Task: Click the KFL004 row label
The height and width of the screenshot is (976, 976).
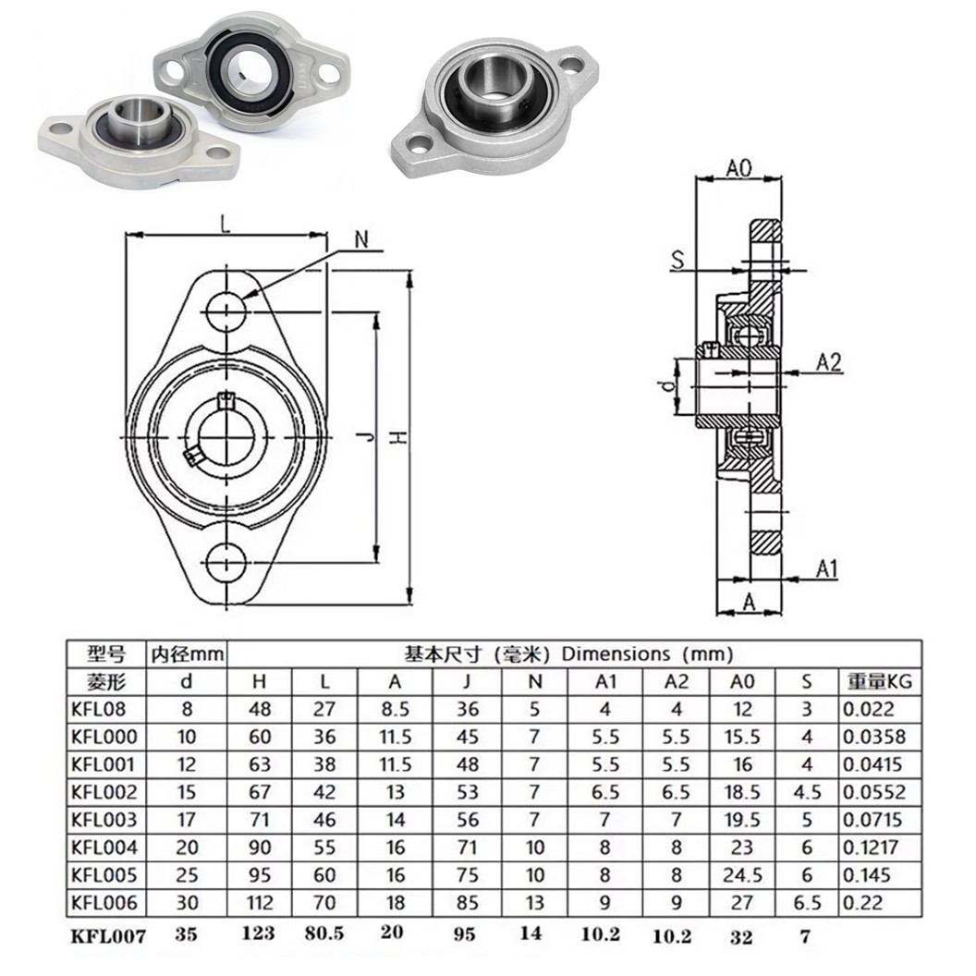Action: [104, 847]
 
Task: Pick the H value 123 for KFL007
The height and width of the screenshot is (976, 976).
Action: [258, 933]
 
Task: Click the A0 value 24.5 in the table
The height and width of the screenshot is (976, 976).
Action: [743, 874]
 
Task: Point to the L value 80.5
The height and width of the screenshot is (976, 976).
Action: [324, 933]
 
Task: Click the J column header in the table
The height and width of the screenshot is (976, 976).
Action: [468, 682]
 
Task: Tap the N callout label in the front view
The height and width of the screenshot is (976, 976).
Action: [362, 238]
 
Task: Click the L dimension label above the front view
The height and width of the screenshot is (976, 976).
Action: [226, 223]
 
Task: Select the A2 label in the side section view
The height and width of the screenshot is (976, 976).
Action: [830, 362]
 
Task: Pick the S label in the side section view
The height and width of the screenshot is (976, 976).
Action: [678, 262]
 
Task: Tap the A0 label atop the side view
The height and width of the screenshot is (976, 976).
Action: [738, 167]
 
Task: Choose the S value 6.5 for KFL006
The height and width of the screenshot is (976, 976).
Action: [807, 902]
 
